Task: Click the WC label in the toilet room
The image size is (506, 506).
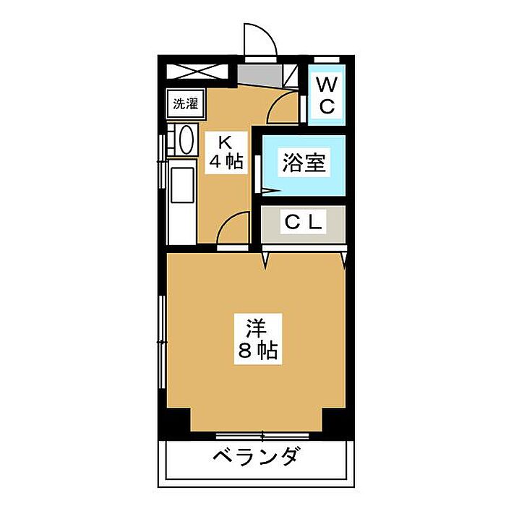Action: (327, 95)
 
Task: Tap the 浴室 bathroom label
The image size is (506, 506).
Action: (304, 163)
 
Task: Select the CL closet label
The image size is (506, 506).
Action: (304, 222)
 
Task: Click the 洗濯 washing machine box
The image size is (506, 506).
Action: (186, 103)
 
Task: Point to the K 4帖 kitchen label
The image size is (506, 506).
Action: (226, 153)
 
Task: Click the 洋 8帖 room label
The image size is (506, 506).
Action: (258, 339)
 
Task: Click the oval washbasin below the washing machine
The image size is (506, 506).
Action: (186, 140)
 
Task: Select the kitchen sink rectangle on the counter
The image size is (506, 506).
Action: (182, 185)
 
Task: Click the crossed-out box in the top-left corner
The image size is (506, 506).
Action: (197, 72)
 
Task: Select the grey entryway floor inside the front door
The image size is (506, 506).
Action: (260, 75)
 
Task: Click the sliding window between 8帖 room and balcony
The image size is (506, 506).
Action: (262, 436)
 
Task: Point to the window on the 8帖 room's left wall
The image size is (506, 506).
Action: (162, 341)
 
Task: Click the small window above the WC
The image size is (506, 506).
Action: (327, 60)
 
